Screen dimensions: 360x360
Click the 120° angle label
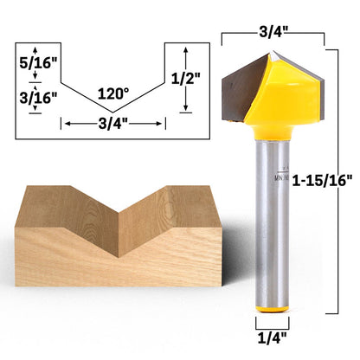[x=113, y=93]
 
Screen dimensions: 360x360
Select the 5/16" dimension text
[x=38, y=63]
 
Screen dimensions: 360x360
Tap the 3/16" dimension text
[x=38, y=99]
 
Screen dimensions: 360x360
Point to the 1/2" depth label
[x=185, y=79]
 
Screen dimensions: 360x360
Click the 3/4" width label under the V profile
[x=112, y=124]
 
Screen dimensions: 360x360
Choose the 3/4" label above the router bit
[x=273, y=32]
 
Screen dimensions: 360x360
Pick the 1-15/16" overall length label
[x=322, y=181]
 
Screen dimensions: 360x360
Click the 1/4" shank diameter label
[x=272, y=337]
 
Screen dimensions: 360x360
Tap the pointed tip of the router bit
[x=273, y=52]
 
